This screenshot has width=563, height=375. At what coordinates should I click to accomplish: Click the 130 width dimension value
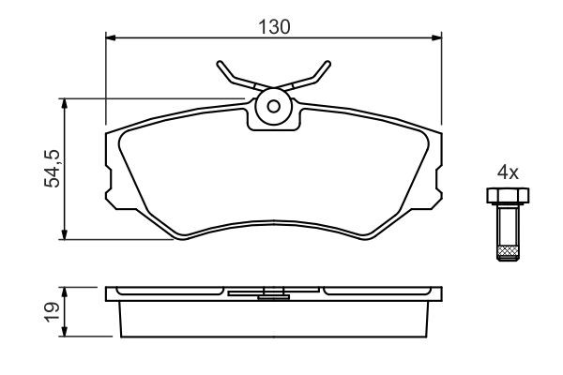pyautogui.click(x=274, y=27)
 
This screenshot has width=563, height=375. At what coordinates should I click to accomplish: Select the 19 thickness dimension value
pyautogui.click(x=52, y=312)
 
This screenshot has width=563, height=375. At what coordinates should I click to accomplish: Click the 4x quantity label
pyautogui.click(x=508, y=172)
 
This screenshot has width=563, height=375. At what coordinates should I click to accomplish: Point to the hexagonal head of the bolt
pyautogui.click(x=508, y=196)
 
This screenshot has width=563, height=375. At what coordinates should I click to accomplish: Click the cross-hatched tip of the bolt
pyautogui.click(x=508, y=253)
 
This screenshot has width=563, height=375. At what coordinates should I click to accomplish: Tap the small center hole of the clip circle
pyautogui.click(x=274, y=106)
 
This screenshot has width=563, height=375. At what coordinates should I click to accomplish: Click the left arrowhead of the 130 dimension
pyautogui.click(x=110, y=37)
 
